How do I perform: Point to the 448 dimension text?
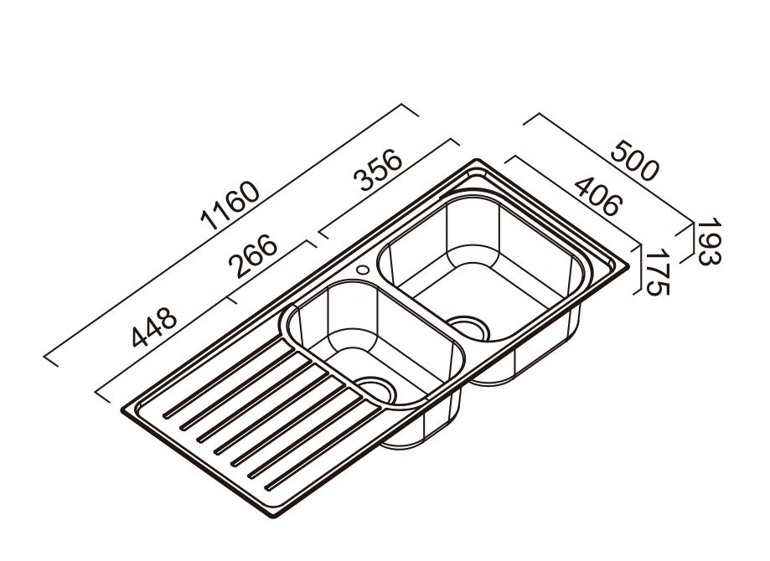tap(153, 327)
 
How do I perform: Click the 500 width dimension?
tap(634, 162)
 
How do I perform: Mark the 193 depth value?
tap(709, 243)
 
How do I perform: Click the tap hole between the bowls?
tap(363, 270)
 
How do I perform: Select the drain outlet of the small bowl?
tap(377, 391)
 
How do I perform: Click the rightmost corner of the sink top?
tap(627, 266)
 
